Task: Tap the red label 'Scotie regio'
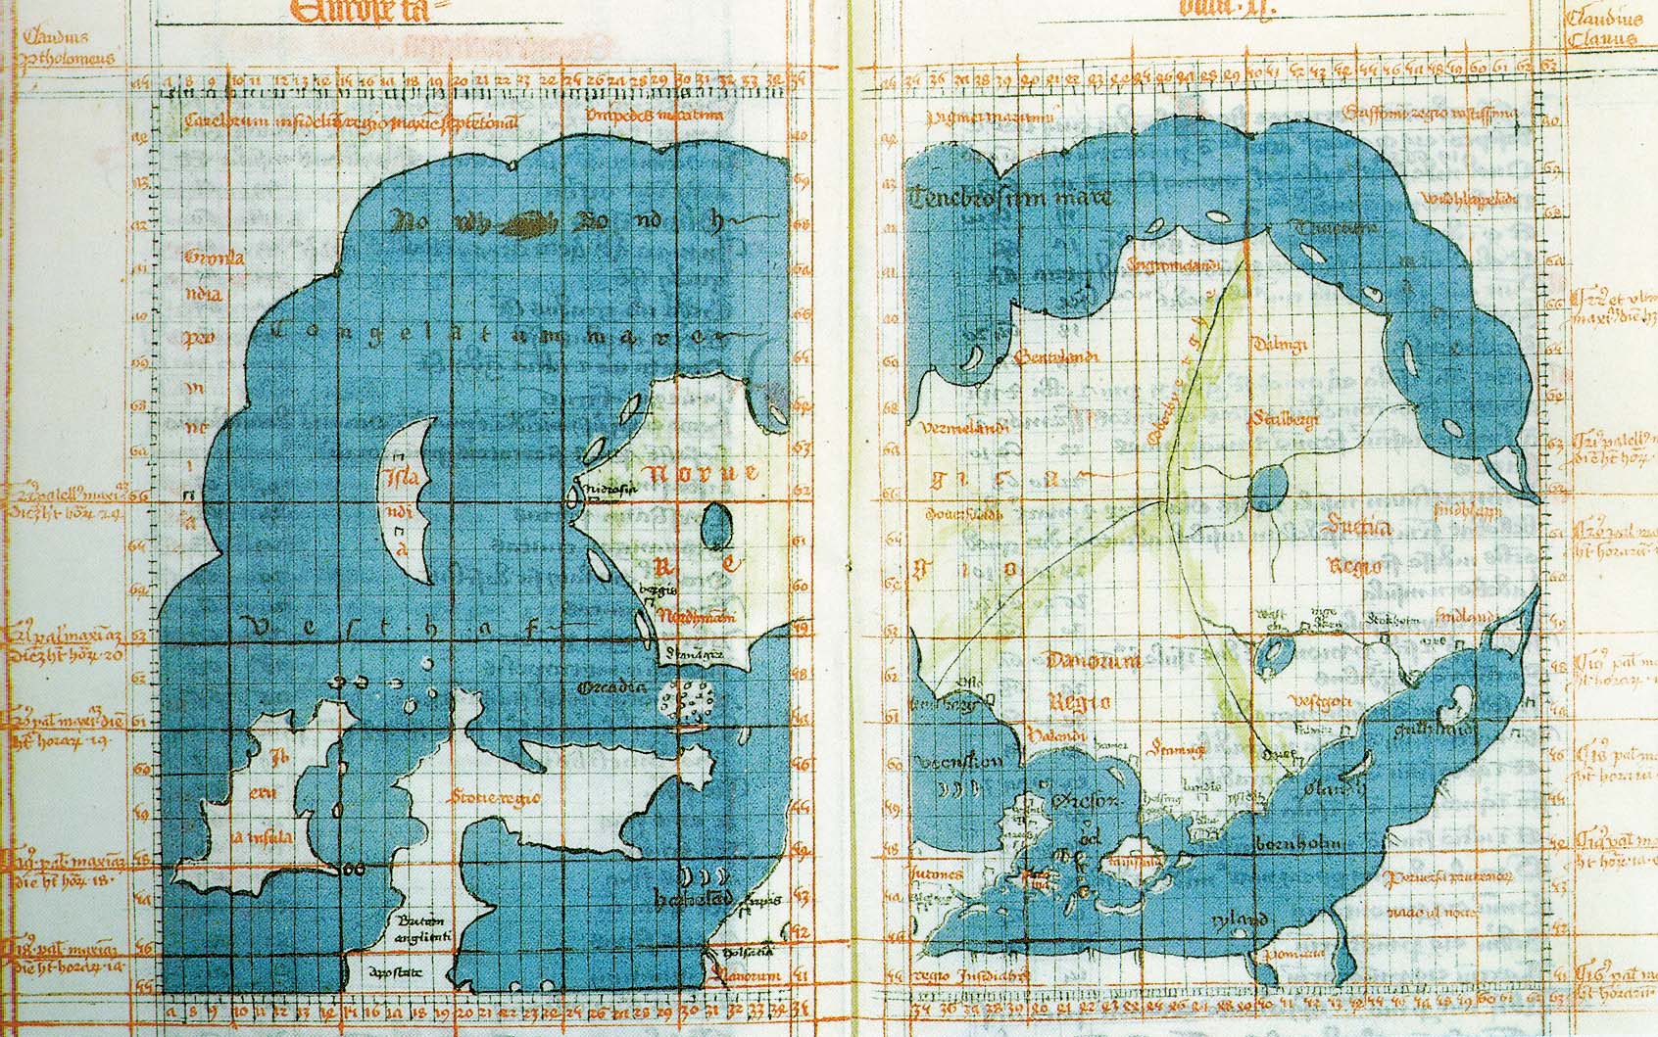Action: (x=495, y=798)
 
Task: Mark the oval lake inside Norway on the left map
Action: (x=716, y=526)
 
